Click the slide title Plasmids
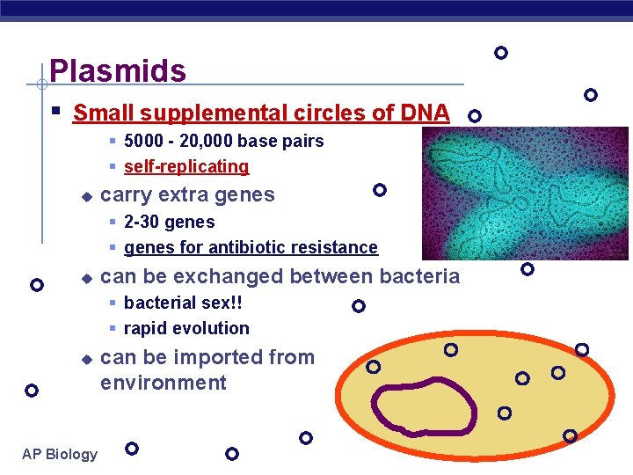pyautogui.click(x=118, y=70)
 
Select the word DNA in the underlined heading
pyautogui.click(x=425, y=113)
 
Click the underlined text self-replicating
pyautogui.click(x=186, y=167)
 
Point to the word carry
pyautogui.click(x=126, y=195)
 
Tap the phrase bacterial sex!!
pyautogui.click(x=183, y=303)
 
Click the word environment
pyautogui.click(x=164, y=384)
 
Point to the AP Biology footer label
pyautogui.click(x=60, y=454)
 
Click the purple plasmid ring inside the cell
pyautogui.click(x=423, y=406)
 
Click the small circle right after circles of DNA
pyautogui.click(x=474, y=115)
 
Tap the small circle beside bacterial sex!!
pyautogui.click(x=358, y=306)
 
